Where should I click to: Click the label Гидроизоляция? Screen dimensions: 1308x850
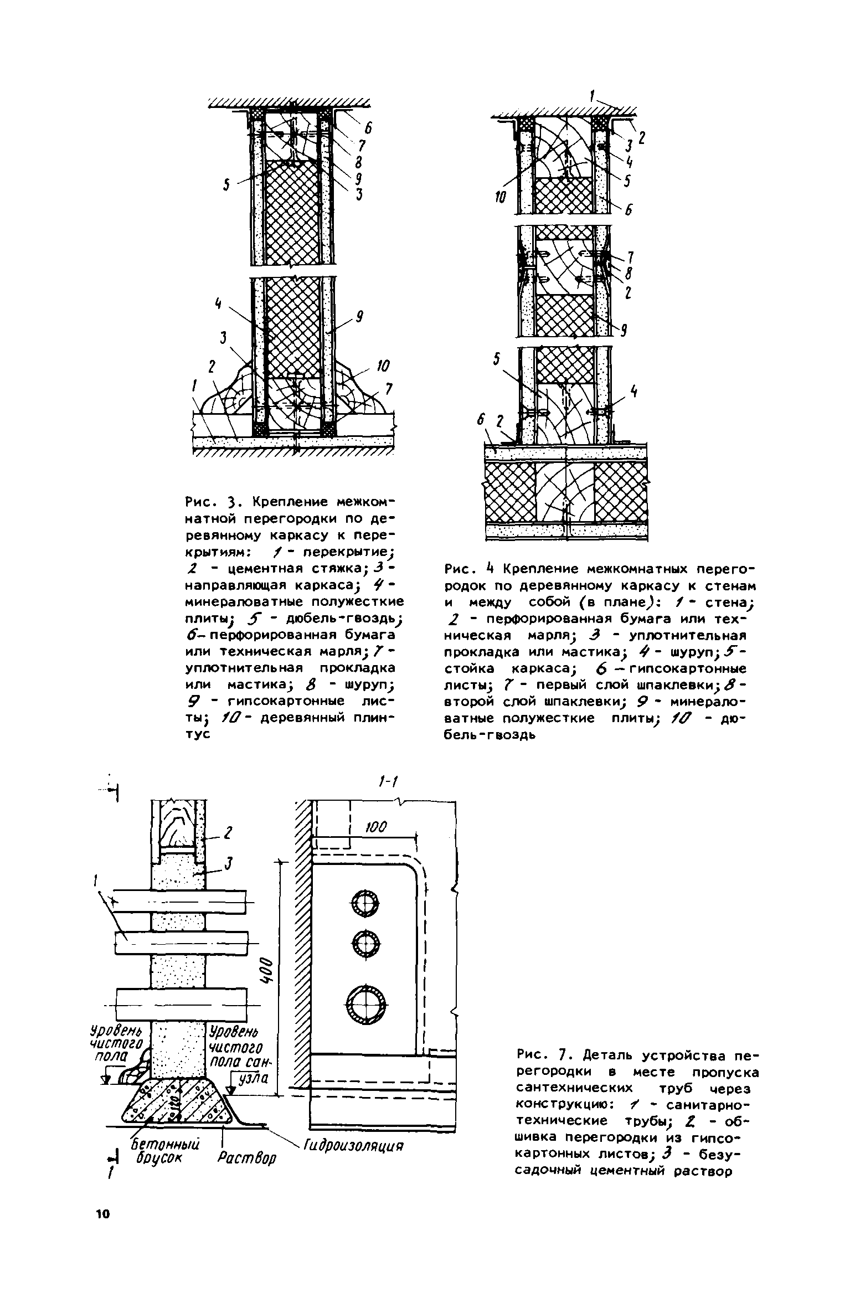pyautogui.click(x=352, y=1145)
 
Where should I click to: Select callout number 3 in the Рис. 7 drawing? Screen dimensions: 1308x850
pyautogui.click(x=228, y=863)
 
